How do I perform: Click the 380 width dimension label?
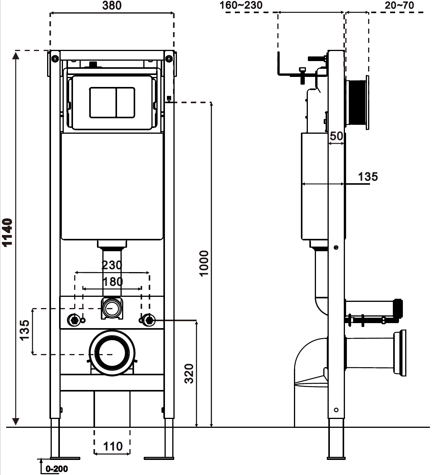click(112, 5)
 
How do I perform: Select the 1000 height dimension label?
click(204, 263)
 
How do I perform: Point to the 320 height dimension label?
click(189, 373)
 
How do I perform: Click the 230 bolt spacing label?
click(112, 265)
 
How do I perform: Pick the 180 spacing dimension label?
click(113, 281)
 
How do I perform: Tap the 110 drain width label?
click(113, 446)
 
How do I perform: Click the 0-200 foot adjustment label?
click(56, 468)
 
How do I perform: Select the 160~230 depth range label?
click(241, 5)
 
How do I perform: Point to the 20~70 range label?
click(399, 5)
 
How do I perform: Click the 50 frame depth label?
click(336, 136)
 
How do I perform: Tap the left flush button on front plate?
click(102, 102)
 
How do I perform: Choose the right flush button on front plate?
click(126, 102)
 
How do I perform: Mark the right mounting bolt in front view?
click(149, 320)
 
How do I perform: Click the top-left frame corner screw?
click(55, 58)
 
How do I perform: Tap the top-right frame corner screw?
click(169, 58)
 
